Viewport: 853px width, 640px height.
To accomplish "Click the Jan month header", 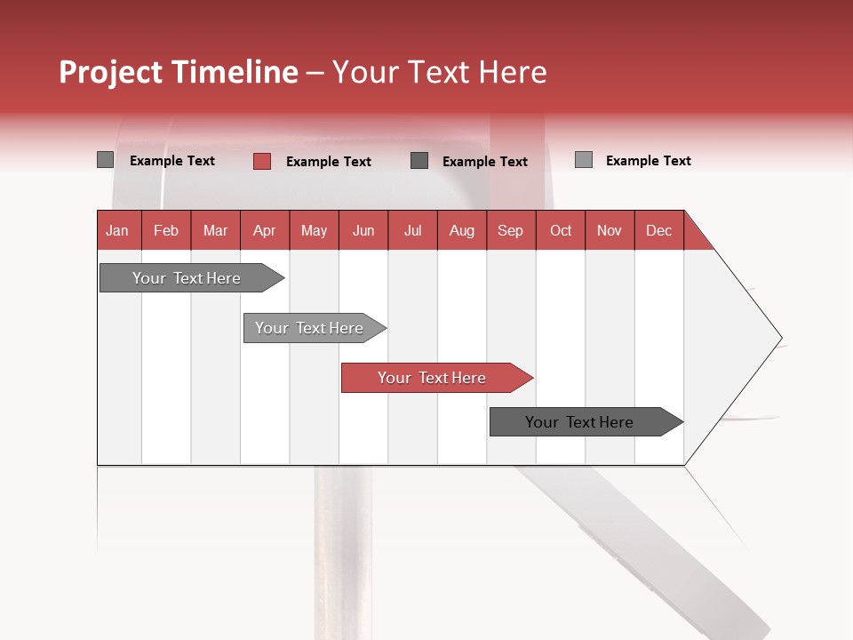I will click(118, 230).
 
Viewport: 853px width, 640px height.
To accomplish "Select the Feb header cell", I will click(166, 230).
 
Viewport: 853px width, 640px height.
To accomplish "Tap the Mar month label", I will click(215, 230).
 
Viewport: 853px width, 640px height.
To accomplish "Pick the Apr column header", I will click(265, 230).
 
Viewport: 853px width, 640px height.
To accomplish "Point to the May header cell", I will click(314, 230).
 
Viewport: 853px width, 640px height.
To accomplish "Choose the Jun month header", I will click(363, 230).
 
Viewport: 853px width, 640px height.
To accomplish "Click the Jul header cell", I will click(412, 230).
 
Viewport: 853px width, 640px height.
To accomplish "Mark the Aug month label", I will click(462, 230).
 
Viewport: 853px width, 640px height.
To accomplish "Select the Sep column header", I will click(511, 230).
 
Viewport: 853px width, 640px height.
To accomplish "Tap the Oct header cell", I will click(561, 230).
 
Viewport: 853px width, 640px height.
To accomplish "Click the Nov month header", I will click(610, 230).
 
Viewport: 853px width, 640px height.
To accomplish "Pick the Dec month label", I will click(659, 230).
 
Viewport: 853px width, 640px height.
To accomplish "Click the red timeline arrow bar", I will click(433, 378).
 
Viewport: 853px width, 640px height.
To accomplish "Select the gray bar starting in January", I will click(187, 278).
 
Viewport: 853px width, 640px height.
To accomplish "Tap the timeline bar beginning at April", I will click(310, 328).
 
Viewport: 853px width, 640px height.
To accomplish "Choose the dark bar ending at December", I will click(580, 422).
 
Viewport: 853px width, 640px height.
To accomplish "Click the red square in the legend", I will click(262, 161).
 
